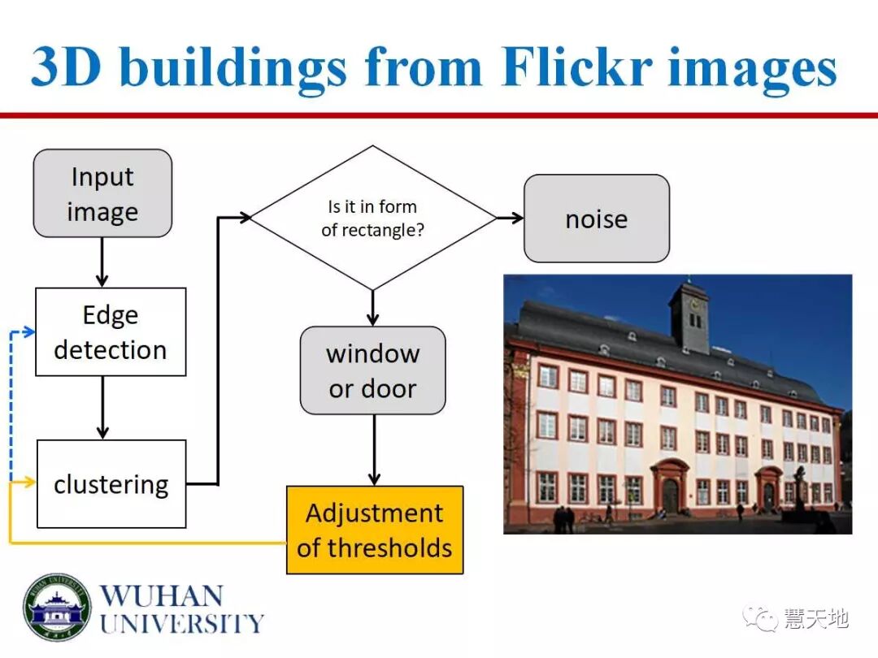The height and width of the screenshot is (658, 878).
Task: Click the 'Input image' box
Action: (102, 193)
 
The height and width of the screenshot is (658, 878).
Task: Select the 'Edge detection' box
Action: (111, 332)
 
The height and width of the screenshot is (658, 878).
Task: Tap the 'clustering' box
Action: (111, 484)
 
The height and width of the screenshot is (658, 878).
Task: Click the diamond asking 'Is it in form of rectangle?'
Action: (372, 218)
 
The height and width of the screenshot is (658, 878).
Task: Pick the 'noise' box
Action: (596, 219)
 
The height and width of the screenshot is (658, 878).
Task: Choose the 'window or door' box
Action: (372, 370)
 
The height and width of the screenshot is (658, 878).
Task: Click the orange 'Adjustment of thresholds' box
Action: (375, 530)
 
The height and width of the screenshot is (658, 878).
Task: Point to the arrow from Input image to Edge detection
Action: (102, 262)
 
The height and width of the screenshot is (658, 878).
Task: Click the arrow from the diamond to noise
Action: (510, 218)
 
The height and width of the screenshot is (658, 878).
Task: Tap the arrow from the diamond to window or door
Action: (372, 308)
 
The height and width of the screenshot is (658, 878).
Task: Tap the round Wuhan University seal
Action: (56, 608)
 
